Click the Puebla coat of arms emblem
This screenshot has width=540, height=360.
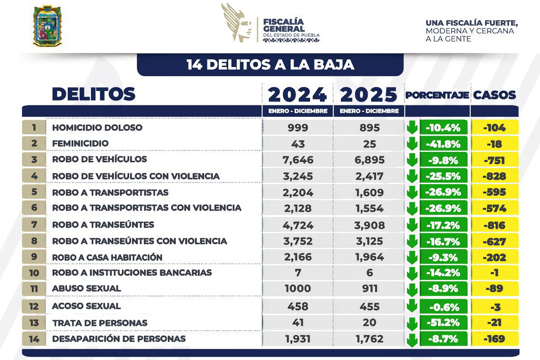[x=47, y=26]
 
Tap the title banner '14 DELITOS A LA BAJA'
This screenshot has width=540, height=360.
[x=270, y=65]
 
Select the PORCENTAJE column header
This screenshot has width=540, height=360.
[x=437, y=95]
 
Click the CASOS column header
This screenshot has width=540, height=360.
[x=495, y=95]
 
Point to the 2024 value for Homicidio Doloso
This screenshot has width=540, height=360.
[x=298, y=128]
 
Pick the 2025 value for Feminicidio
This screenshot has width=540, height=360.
[x=369, y=144]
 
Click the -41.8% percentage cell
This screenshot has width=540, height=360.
[x=443, y=144]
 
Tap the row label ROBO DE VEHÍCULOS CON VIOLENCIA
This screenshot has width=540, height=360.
[x=136, y=176]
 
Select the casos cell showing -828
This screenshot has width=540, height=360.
[x=495, y=176]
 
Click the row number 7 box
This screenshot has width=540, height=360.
[x=34, y=224]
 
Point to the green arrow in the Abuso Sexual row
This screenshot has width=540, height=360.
[x=412, y=289]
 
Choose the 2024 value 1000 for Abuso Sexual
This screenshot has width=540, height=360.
[x=298, y=288]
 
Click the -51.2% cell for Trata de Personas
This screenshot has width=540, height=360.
[x=443, y=323]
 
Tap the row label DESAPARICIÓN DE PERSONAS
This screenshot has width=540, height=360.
[x=119, y=339]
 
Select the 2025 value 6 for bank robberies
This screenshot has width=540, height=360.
[x=369, y=273]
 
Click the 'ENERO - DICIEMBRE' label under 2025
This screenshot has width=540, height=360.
[x=369, y=111]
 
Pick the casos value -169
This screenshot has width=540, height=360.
[x=495, y=339]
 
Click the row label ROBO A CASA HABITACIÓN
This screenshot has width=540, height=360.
[x=107, y=257]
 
